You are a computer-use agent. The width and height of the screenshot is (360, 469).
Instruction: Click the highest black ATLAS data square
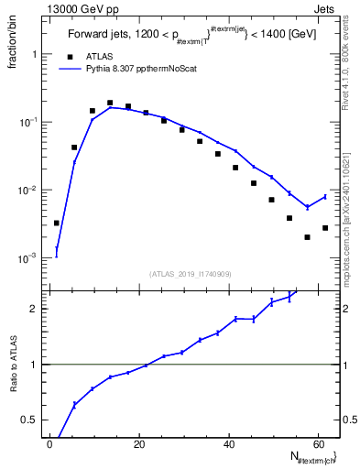tap(110, 104)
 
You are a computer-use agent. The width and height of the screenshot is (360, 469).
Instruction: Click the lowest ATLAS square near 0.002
tap(307, 237)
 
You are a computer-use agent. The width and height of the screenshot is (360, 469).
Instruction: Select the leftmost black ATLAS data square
tap(57, 223)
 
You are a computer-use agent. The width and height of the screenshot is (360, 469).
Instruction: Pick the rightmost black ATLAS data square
tap(325, 228)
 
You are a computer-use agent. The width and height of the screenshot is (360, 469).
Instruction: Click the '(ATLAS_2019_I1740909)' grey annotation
tap(191, 274)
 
